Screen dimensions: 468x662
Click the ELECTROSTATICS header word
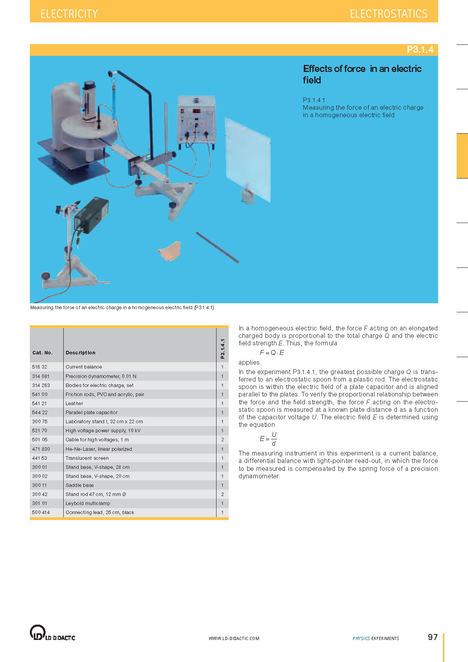pos(389,14)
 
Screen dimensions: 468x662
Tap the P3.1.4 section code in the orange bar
pos(420,49)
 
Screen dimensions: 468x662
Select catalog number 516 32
pos(40,367)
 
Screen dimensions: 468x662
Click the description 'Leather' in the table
pos(74,404)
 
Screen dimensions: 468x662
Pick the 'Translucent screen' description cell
pos(87,458)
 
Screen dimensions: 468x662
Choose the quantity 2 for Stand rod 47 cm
pos(222,494)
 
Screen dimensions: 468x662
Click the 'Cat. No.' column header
pos(42,352)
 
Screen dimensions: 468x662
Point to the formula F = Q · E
pos(272,352)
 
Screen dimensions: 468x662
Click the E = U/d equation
pos(268,439)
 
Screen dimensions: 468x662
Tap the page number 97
pos(433,637)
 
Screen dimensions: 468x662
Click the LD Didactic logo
pos(52,633)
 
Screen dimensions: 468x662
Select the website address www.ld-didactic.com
pos(234,638)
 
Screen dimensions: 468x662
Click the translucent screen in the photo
pos(248,160)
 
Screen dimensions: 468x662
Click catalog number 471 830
pos(41,449)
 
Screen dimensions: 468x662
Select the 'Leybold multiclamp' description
pos(88,503)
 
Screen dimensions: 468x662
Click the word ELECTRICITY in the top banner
pos(69,14)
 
